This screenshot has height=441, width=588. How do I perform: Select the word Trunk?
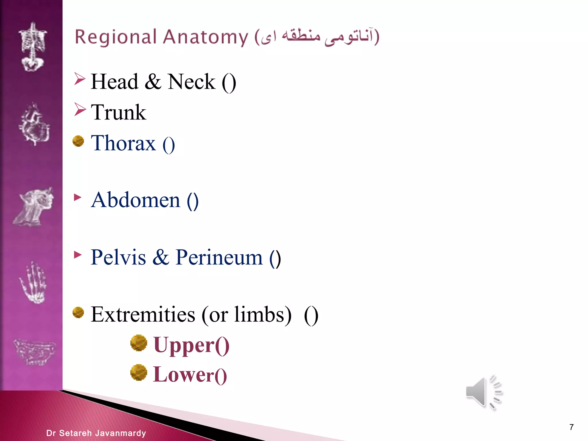point(118,112)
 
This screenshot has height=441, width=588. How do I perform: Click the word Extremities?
point(143,314)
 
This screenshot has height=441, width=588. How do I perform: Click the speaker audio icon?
point(483,392)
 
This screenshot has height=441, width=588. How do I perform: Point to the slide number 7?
point(571,427)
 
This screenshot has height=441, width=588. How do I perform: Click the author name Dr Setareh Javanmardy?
point(96,433)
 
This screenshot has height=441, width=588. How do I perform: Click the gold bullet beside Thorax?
point(78,141)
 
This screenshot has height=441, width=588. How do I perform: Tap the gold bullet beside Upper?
point(139,343)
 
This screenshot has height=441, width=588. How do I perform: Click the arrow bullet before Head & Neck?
point(80,79)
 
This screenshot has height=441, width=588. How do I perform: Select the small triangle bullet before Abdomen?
point(78,197)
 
